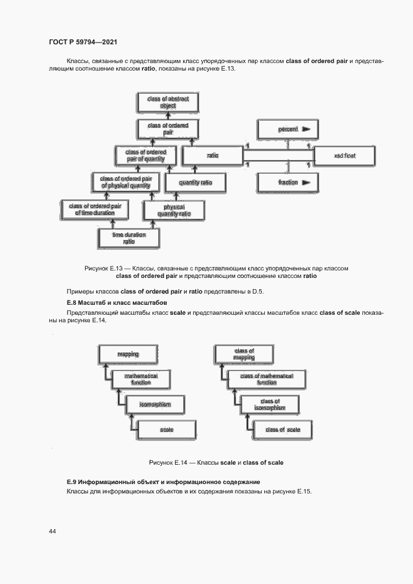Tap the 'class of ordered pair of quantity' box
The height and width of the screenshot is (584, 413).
146,156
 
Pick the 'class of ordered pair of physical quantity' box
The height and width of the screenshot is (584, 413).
126,182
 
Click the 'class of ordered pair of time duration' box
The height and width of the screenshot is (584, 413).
95,209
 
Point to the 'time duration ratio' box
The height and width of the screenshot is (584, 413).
129,238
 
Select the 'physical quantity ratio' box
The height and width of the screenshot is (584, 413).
174,210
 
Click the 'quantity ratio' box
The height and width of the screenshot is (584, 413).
196,182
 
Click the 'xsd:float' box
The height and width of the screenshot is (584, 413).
344,156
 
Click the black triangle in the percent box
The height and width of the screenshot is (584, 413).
307,129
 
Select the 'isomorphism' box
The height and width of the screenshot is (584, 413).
156,405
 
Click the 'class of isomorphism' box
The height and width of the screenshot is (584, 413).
271,405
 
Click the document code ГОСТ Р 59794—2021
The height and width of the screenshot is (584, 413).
83,42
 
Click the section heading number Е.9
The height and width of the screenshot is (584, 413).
72,482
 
